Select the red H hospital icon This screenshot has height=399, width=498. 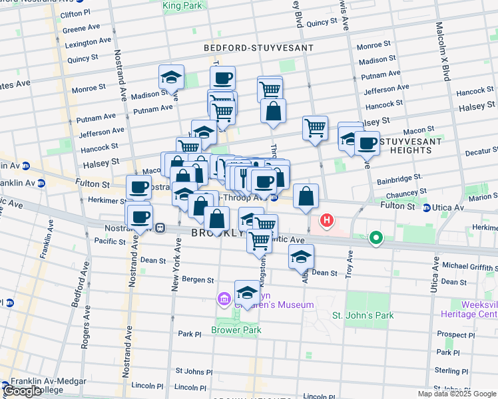327,220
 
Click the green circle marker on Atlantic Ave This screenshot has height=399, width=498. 376,237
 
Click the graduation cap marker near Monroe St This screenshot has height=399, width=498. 171,76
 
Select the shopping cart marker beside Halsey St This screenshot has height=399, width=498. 315,127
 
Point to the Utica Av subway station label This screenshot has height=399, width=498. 447,208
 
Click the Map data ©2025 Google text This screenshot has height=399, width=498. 456,394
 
